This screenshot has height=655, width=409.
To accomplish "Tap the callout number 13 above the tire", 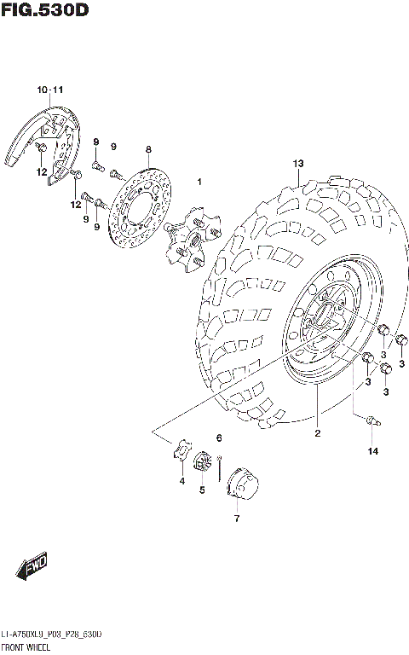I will (298, 163).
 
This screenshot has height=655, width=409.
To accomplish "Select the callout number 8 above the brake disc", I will (147, 149).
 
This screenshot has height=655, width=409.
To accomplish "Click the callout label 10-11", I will (49, 90).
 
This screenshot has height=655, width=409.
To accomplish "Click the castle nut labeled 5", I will (202, 463).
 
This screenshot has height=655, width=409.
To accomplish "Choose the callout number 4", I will (181, 482).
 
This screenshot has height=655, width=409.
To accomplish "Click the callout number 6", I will (219, 438).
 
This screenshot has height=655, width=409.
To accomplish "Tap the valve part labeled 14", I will (371, 420).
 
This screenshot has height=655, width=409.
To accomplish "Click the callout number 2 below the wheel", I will (317, 433).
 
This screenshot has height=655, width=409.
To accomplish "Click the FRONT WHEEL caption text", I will (27, 648).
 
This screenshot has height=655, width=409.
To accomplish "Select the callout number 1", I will (199, 182).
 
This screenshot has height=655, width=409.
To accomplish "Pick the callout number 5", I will (202, 490).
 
